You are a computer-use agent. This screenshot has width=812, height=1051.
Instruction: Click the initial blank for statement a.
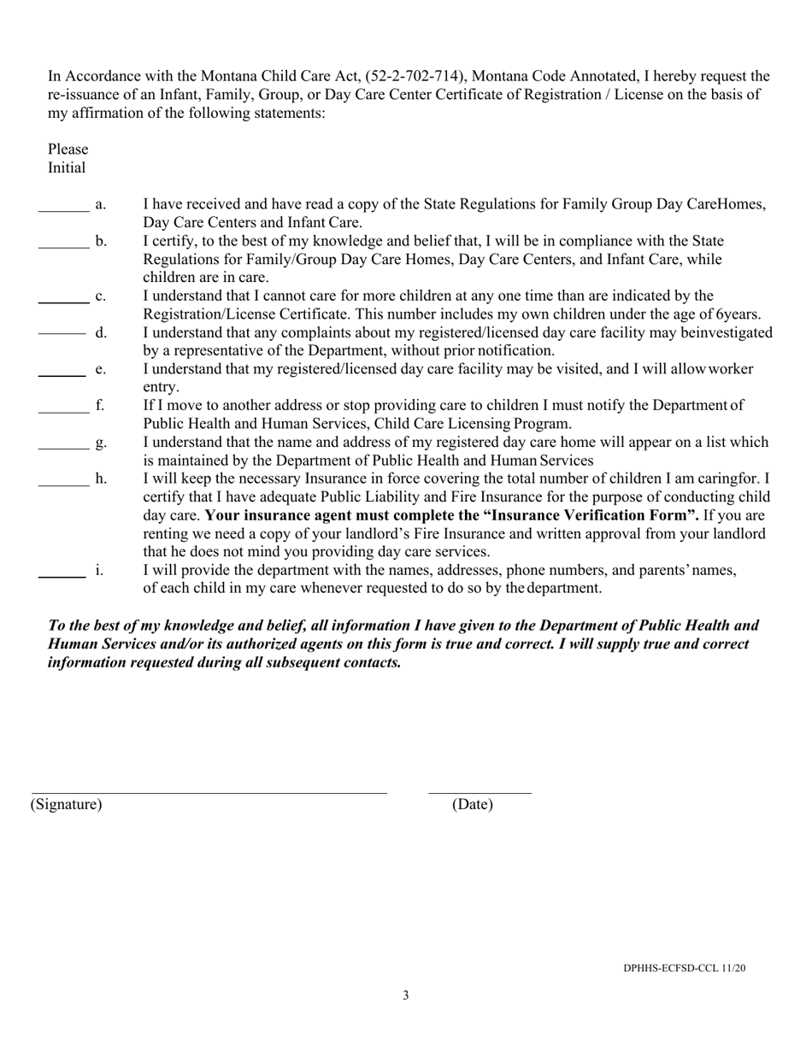tap(64, 210)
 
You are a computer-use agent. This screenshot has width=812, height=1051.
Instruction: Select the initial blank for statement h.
tap(64, 485)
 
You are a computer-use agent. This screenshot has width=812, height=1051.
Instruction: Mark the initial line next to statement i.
tap(62, 577)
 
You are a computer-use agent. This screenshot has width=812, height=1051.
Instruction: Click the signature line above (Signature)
tap(209, 792)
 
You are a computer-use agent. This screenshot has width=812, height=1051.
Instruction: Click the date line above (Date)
tap(480, 792)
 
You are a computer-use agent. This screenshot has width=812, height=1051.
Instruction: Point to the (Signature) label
tap(66, 804)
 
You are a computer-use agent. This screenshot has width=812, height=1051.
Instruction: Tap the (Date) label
tap(473, 804)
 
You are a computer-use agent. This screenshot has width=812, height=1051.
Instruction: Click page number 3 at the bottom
tap(406, 995)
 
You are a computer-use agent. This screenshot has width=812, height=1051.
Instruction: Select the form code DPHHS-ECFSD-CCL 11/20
tap(684, 968)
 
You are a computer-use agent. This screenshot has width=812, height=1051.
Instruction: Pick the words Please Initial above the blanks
tap(68, 158)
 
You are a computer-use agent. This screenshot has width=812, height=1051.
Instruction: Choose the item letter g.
tap(101, 443)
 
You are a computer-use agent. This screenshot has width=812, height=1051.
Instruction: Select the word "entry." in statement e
tap(161, 387)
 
